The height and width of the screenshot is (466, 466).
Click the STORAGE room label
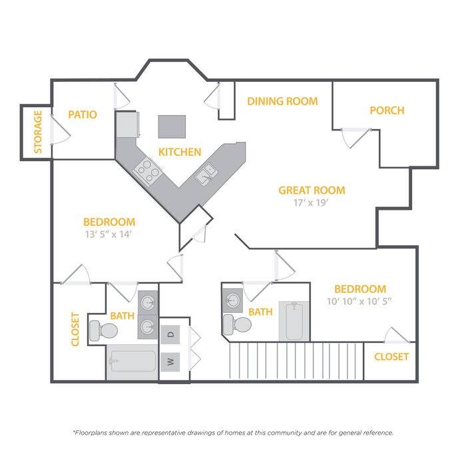click(38, 132)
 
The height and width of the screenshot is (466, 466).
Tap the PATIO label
click(83, 115)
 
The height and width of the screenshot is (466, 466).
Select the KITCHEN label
click(180, 152)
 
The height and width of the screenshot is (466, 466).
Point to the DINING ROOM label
click(282, 101)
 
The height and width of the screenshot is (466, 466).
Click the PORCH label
click(387, 111)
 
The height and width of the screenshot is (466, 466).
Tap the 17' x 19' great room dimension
click(311, 202)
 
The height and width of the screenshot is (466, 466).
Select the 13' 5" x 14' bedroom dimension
click(108, 234)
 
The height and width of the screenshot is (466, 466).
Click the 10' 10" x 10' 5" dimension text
click(359, 302)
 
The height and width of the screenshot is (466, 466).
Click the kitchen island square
click(172, 126)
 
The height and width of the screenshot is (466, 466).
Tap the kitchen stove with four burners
click(147, 171)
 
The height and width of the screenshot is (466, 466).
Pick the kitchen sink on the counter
click(206, 174)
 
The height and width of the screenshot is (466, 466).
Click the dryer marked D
click(170, 335)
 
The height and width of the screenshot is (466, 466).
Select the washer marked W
click(170, 362)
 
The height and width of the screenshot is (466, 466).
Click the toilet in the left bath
click(103, 331)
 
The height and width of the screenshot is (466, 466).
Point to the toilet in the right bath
click(237, 324)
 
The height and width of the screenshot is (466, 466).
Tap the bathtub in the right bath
click(294, 321)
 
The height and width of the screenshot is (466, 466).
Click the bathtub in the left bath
click(132, 361)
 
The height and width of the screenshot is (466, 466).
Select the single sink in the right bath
click(233, 300)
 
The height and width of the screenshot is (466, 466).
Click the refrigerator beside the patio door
click(128, 124)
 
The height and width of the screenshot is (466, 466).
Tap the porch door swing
click(355, 138)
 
